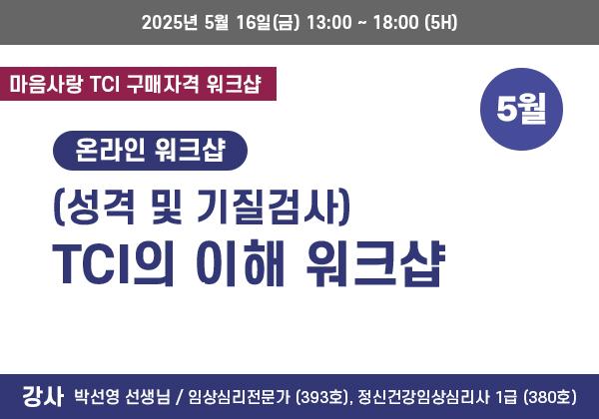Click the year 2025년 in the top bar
pos(170,23)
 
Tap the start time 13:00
pos(328,23)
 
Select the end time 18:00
pos(395,23)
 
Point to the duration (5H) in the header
pos(441,23)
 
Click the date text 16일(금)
pos(268,23)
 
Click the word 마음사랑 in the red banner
pos(46,84)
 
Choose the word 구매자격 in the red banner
pos(163,84)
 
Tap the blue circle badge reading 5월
pos(521,109)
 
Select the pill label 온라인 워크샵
pos(150,151)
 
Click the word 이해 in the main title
pos(241,263)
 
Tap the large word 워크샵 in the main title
pos(375,263)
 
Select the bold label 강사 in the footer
pos(42,397)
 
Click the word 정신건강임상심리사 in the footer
pos(423,397)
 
